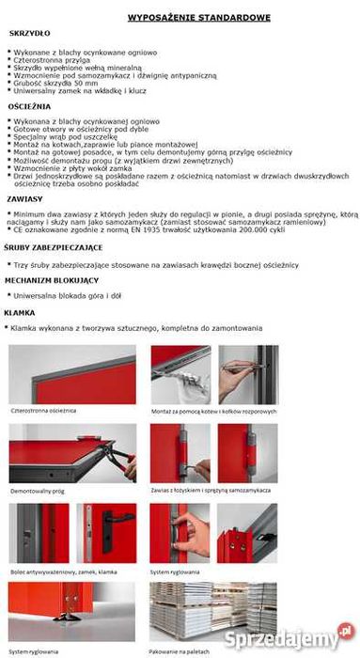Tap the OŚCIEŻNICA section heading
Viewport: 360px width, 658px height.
tap(32, 109)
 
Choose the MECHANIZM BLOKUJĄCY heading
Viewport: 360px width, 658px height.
tap(51, 279)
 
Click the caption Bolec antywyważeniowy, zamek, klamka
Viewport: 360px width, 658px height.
tap(64, 571)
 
